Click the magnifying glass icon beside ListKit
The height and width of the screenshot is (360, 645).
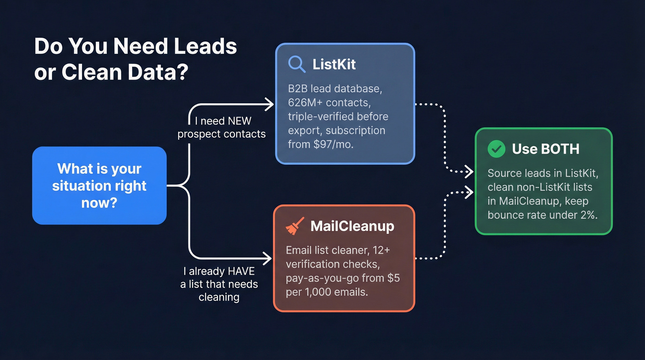pos(297,64)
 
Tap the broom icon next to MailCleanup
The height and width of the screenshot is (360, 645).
pos(294,226)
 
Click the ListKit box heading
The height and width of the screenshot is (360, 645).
pos(334,64)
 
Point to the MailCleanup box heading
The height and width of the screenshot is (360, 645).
pos(352,226)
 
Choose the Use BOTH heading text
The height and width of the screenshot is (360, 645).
pos(545,149)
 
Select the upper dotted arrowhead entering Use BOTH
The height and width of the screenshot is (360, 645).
pos(470,172)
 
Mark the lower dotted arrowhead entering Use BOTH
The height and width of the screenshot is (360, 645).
pos(470,191)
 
